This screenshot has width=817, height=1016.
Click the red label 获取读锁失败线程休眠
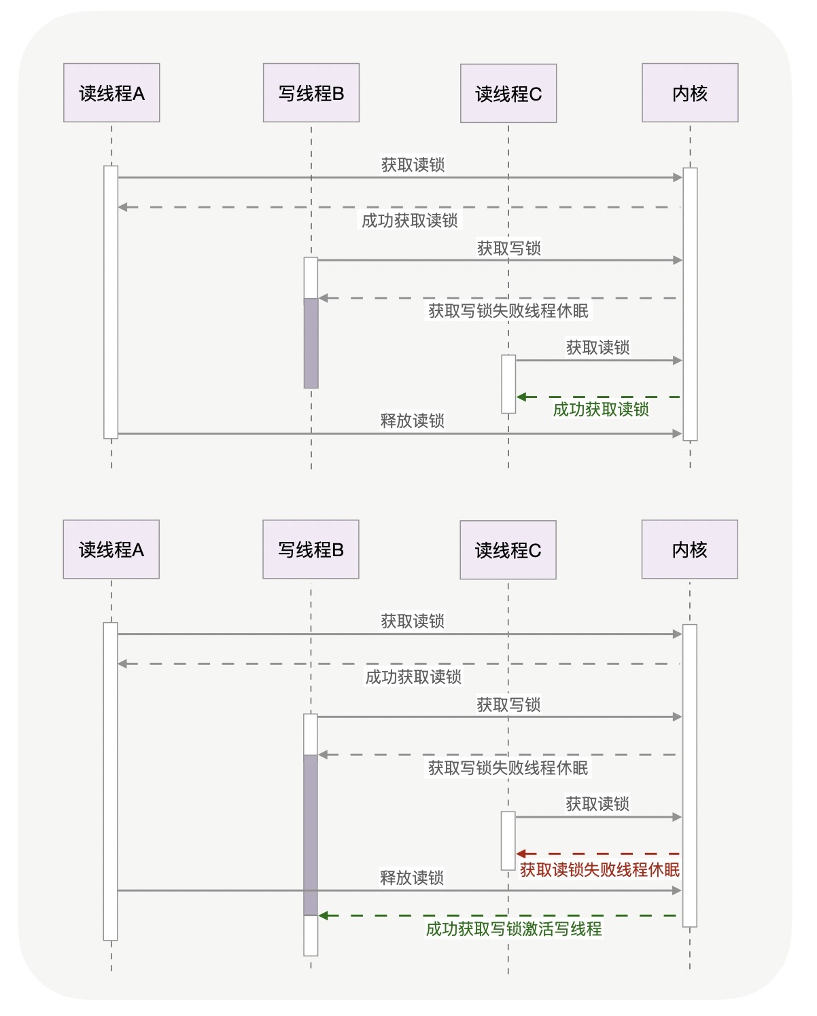coord(599,870)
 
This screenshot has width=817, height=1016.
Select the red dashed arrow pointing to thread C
coord(598,854)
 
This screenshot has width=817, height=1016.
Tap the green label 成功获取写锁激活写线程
coord(513,929)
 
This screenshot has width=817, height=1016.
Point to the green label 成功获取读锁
coord(601,410)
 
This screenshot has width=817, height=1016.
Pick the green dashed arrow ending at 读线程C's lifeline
coord(598,397)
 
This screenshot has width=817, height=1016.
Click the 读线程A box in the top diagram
coord(111,93)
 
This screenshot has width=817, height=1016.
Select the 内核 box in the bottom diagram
coord(689,549)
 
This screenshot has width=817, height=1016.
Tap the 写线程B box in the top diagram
coord(311,93)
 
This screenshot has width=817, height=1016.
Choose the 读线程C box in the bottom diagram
coord(508,550)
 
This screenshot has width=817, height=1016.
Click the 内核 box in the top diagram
coord(690,93)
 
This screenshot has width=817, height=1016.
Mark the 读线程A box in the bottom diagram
coord(111,549)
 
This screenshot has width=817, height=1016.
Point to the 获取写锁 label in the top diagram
coord(508,249)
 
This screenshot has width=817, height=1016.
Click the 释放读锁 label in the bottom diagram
coord(412,878)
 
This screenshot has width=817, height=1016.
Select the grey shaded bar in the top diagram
coord(311,343)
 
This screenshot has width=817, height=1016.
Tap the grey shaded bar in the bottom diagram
coord(310,835)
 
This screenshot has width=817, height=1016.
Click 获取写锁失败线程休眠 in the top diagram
coord(508,311)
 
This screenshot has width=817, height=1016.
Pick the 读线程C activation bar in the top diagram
coord(508,384)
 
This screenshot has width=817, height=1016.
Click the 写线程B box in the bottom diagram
coord(311,549)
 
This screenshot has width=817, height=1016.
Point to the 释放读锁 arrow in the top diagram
coord(400,433)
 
